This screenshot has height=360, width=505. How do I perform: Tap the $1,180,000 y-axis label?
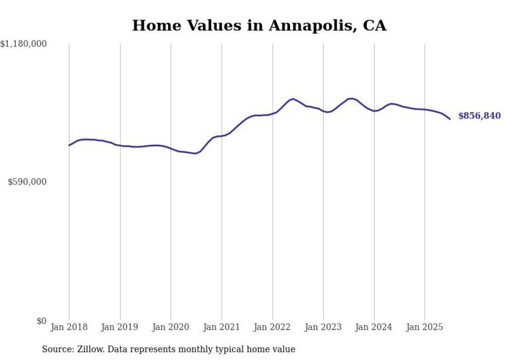coord(23,44)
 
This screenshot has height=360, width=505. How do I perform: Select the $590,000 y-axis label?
coord(27,182)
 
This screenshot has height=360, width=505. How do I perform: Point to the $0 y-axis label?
coord(41,321)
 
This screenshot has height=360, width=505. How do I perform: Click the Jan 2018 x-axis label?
coord(69,327)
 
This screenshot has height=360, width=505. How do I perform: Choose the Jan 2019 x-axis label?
coord(120,327)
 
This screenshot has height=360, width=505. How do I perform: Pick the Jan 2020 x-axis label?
coord(171,327)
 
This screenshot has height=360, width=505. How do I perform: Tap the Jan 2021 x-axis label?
coord(222,327)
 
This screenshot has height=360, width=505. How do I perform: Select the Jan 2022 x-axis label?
coord(273,327)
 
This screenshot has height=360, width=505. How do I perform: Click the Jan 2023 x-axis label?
coord(323,327)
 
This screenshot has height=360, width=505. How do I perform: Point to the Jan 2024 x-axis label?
coord(374,327)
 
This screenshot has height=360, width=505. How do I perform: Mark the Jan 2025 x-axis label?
coord(425,327)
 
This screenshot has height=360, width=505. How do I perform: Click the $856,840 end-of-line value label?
coord(479,116)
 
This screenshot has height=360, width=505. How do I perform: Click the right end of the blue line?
coord(450,119)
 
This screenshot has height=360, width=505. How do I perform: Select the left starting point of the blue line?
coord(69,145)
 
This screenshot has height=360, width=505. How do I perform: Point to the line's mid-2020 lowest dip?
coord(196,153)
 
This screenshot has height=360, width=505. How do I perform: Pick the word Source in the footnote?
coord(56,349)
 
